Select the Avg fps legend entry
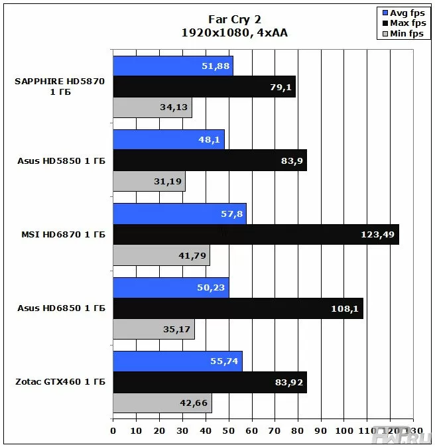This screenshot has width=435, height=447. pos(403,13)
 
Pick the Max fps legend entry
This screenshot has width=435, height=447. pos(403,23)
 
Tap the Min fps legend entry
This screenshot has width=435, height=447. pos(403,33)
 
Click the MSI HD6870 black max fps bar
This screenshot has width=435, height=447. pos(256,235)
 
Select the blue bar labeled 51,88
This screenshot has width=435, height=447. pos(172,66)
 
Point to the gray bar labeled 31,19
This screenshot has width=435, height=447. pos(149,182)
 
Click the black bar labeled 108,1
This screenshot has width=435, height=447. pos(238,308)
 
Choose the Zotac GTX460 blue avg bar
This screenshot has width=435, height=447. pos(177,361)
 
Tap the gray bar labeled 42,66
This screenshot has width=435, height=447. pos(162,403)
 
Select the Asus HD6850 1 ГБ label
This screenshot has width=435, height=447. pos(60,308)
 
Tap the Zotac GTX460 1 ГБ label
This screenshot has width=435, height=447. pos(60,382)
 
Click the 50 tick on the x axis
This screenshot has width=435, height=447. pos(229,430)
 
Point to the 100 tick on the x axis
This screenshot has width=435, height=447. pos(343,430)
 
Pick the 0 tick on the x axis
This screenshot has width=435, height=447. pos(113,430)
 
